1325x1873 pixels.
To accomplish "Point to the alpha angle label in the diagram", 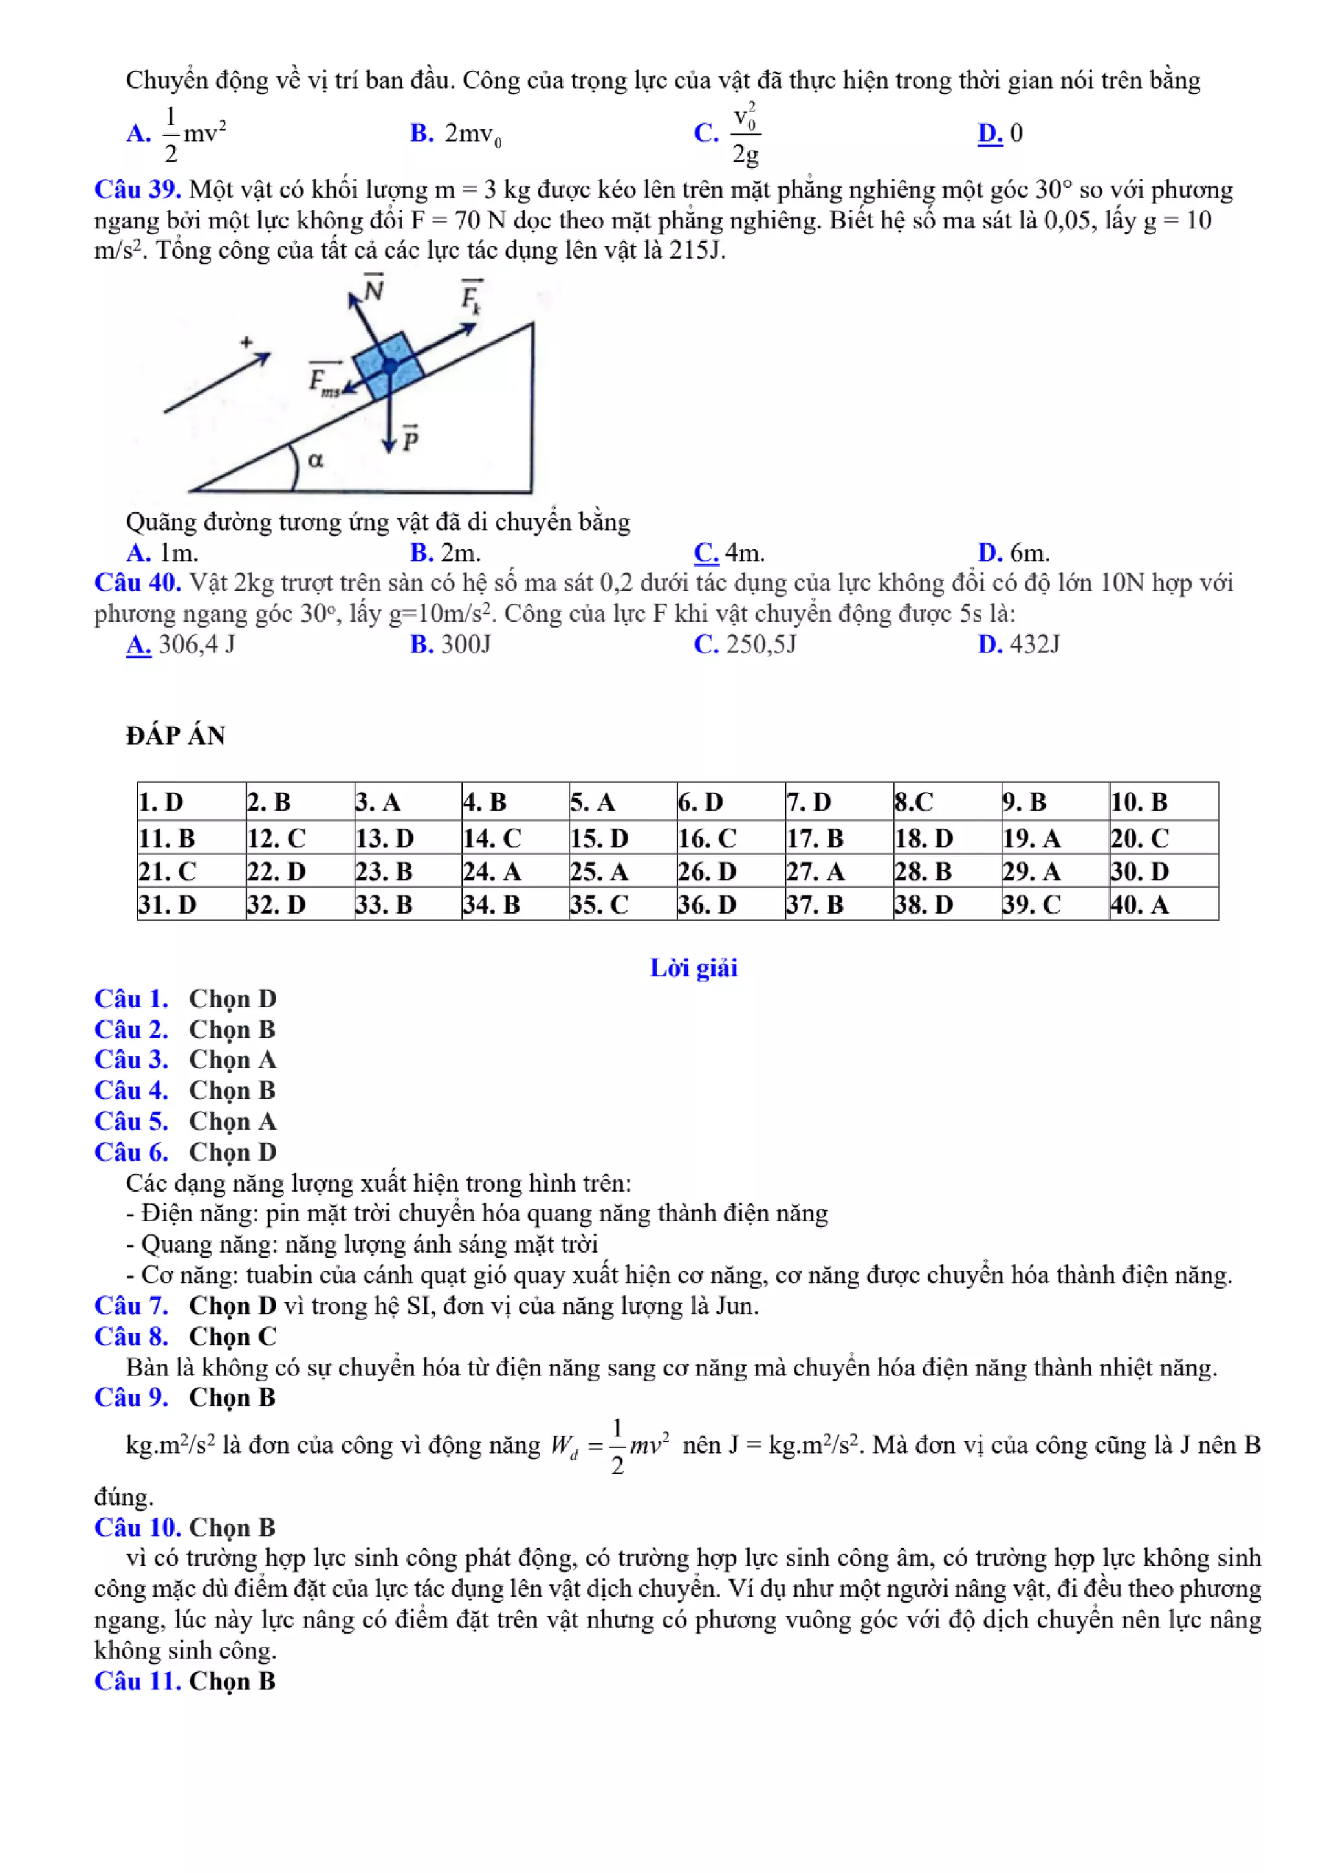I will click(316, 460).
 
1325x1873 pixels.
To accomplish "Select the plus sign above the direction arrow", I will click(246, 342).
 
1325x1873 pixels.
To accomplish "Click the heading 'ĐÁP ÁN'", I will click(175, 736).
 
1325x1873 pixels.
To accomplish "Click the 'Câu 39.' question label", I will click(137, 190).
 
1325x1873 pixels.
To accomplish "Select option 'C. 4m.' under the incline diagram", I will click(729, 553).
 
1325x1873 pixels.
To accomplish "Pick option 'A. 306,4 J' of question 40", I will click(181, 644).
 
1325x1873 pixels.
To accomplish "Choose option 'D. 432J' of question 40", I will click(1018, 644).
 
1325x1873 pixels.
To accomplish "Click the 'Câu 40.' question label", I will click(137, 582).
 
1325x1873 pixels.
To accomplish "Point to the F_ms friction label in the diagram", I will click(324, 380).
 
